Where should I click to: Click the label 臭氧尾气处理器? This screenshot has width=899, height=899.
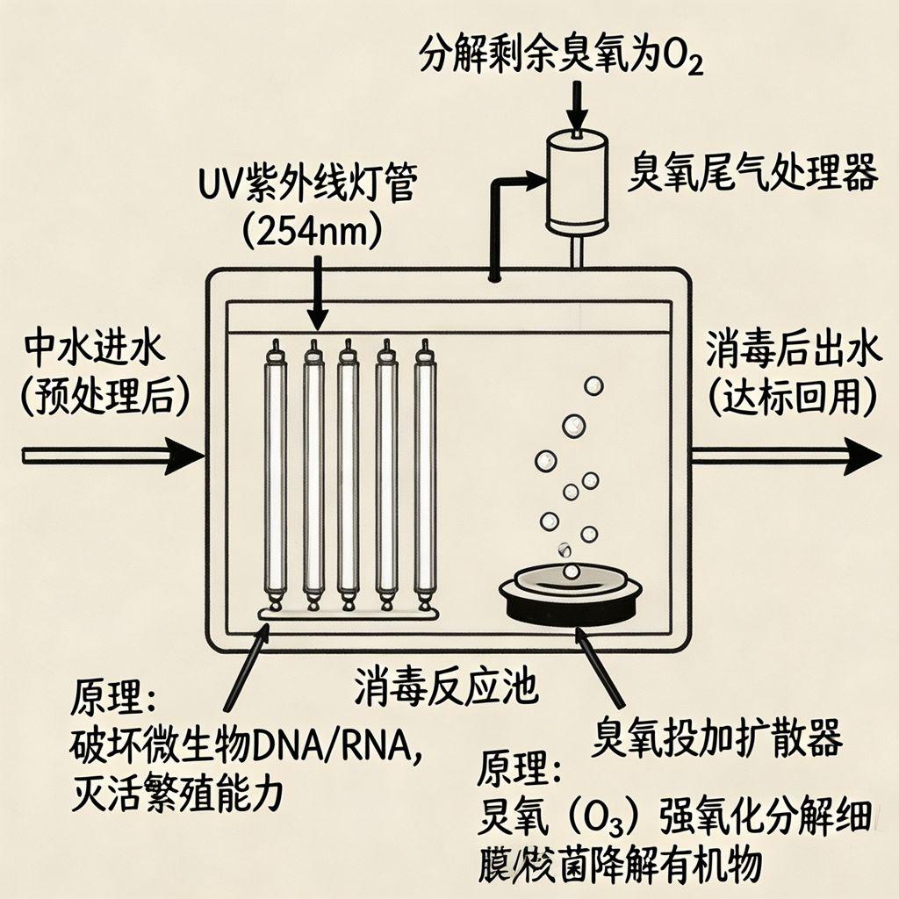752,174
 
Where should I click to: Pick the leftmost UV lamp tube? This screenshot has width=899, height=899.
276,474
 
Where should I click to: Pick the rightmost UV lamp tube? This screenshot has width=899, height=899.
426,474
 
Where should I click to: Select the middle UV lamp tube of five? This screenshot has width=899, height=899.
349,474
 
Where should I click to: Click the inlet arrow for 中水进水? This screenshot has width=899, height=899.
114,456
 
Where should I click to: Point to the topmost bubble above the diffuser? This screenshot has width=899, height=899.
593,385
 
